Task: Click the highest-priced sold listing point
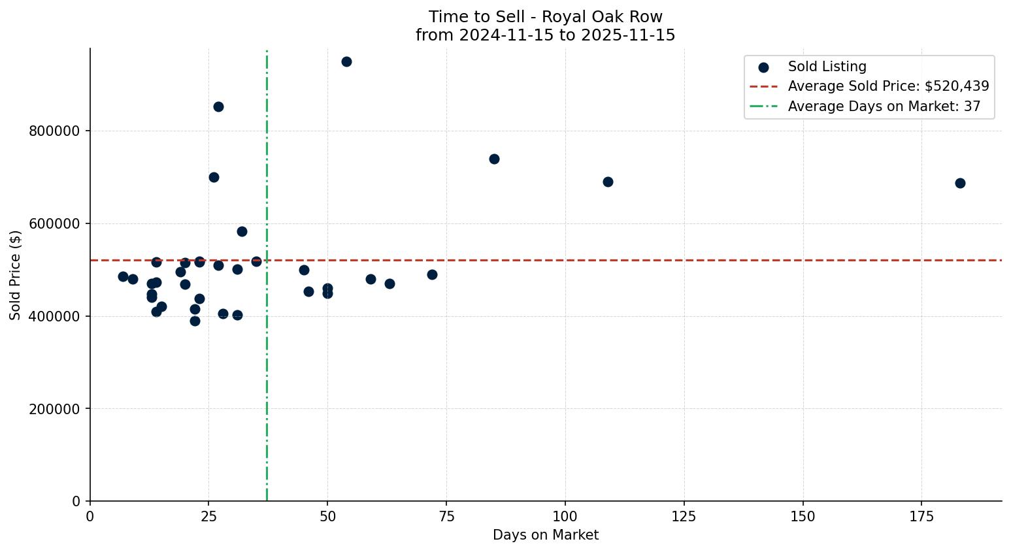pyautogui.click(x=346, y=62)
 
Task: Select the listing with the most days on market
pyautogui.click(x=960, y=184)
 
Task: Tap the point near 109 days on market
pyautogui.click(x=608, y=182)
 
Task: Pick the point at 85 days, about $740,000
pyautogui.click(x=494, y=159)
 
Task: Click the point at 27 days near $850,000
pyautogui.click(x=218, y=107)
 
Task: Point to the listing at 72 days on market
pyautogui.click(x=432, y=275)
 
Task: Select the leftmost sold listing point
pyautogui.click(x=123, y=277)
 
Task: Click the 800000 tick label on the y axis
pyautogui.click(x=54, y=131)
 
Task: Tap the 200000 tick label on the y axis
pyautogui.click(x=54, y=410)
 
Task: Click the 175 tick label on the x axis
pyautogui.click(x=921, y=517)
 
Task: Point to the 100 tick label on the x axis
pyautogui.click(x=565, y=517)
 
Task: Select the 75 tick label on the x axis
pyautogui.click(x=446, y=517)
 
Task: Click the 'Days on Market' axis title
pyautogui.click(x=546, y=536)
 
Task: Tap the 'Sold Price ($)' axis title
pyautogui.click(x=16, y=275)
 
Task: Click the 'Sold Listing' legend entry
pyautogui.click(x=827, y=67)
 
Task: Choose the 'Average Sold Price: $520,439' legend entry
pyautogui.click(x=888, y=86)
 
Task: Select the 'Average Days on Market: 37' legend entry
pyautogui.click(x=884, y=106)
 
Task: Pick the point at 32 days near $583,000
pyautogui.click(x=242, y=232)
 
